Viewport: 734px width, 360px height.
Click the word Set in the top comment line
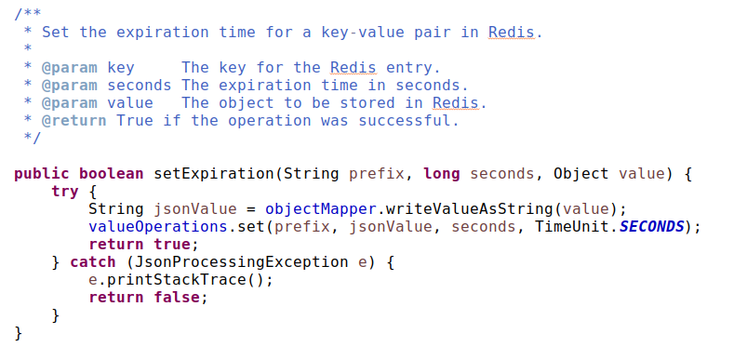pos(55,32)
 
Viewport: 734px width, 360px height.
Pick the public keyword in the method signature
pos(42,174)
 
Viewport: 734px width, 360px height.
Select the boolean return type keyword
pos(112,174)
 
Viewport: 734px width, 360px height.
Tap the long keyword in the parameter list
pos(442,174)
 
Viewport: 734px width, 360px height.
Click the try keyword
pos(65,191)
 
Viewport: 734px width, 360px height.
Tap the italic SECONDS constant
pos(650,227)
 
